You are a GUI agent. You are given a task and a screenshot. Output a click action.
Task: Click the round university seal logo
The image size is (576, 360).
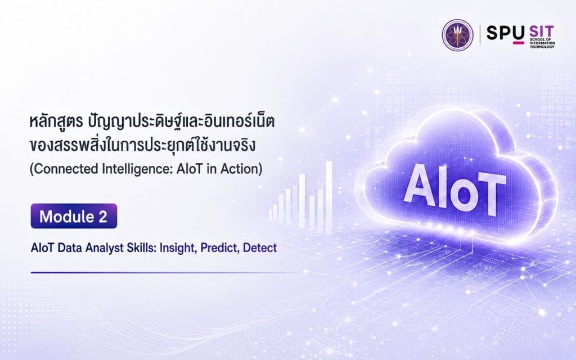[457, 35]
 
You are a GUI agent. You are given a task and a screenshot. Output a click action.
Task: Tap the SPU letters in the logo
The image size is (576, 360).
[506, 33]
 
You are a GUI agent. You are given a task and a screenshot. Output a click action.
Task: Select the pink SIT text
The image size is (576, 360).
[542, 31]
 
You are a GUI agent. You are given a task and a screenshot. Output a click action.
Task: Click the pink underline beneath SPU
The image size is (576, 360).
[518, 43]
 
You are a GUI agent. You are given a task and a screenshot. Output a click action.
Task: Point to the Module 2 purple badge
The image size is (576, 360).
[74, 216]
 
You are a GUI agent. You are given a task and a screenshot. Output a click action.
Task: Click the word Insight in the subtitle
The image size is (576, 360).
[177, 248]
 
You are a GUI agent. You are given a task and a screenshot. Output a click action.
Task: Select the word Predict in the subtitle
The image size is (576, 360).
[219, 248]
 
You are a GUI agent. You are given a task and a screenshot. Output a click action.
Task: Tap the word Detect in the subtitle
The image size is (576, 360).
[260, 247]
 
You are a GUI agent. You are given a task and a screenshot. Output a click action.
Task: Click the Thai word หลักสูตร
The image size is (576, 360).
[56, 122]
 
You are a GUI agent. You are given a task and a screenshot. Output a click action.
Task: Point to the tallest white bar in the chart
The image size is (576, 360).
[328, 197]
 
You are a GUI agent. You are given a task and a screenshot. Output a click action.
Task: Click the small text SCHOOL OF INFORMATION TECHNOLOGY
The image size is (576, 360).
[542, 43]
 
